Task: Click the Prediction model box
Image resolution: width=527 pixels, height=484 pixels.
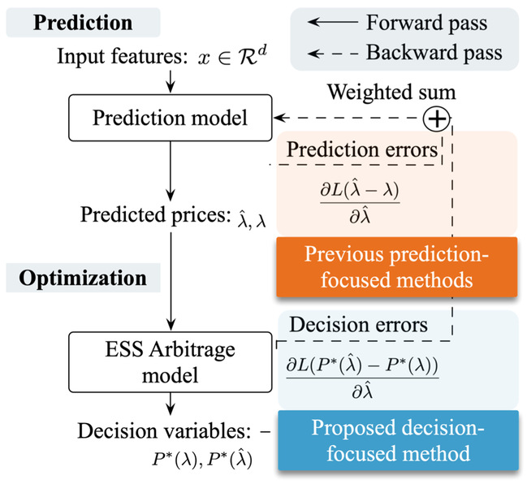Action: [170, 118]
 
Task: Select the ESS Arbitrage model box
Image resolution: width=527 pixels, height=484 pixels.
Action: [170, 362]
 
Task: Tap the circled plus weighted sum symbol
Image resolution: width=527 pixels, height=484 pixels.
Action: [436, 119]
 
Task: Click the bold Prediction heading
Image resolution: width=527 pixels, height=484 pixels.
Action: [83, 23]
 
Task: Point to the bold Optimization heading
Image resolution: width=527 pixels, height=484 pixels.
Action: [83, 278]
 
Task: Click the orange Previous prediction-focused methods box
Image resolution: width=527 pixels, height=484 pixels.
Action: [396, 267]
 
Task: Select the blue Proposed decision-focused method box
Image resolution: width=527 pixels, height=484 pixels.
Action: [398, 440]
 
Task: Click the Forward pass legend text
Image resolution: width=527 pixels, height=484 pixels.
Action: [426, 23]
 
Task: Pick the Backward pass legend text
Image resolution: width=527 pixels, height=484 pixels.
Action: [434, 53]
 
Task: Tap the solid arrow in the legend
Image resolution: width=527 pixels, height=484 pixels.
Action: [333, 22]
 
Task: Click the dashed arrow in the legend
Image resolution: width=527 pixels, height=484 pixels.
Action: [333, 53]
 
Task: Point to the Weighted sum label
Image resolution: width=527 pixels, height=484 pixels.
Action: [391, 92]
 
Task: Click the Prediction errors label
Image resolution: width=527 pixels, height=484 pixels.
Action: [362, 149]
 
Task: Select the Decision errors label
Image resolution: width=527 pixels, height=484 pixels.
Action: [359, 325]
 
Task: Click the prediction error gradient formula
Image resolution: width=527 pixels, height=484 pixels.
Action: [360, 203]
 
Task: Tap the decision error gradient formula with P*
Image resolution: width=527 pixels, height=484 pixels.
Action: [362, 378]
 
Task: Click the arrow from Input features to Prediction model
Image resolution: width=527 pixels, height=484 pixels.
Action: [171, 81]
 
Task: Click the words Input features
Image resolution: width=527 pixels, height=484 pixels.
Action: [123, 56]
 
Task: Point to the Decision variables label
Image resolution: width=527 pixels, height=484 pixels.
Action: [164, 430]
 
